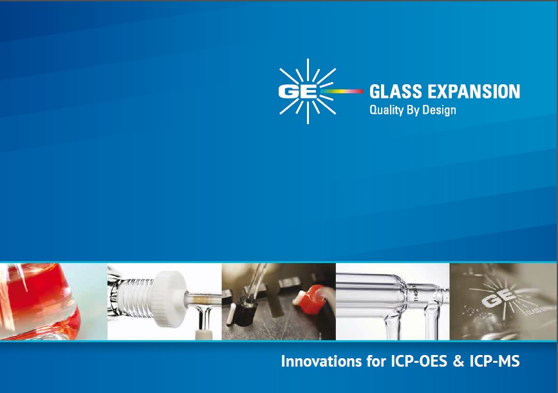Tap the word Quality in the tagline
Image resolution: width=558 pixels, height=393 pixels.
pos(386,110)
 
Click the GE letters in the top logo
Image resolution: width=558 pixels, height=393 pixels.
pos(297,91)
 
